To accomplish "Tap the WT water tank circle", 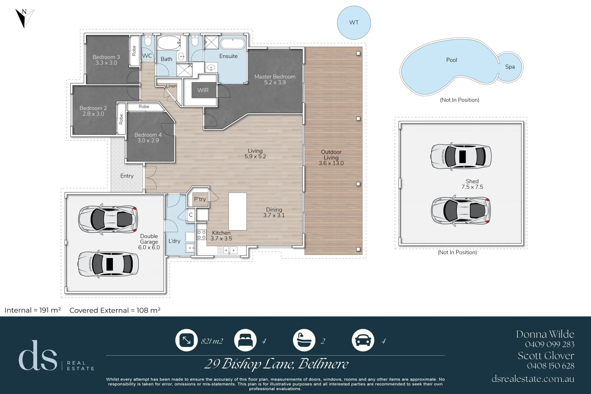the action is click(354, 23).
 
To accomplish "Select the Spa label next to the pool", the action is click(510, 67).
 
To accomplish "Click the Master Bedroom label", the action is click(275, 77).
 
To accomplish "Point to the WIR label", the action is click(203, 90).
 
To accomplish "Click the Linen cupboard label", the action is click(171, 86).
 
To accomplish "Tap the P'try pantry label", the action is click(200, 199).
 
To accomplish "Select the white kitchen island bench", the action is click(238, 211).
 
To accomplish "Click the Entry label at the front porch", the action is click(127, 176).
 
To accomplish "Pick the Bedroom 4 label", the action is click(148, 135).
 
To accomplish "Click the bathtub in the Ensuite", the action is click(233, 44).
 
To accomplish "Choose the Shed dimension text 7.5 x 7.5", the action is click(472, 187).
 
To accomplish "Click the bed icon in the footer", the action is click(245, 340).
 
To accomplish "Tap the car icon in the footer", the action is click(363, 340).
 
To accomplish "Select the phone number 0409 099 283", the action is click(550, 344).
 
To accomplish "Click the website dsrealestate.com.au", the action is click(533, 379).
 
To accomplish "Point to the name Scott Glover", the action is click(546, 356).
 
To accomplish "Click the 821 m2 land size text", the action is click(212, 341).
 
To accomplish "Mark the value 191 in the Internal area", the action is click(44, 310).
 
